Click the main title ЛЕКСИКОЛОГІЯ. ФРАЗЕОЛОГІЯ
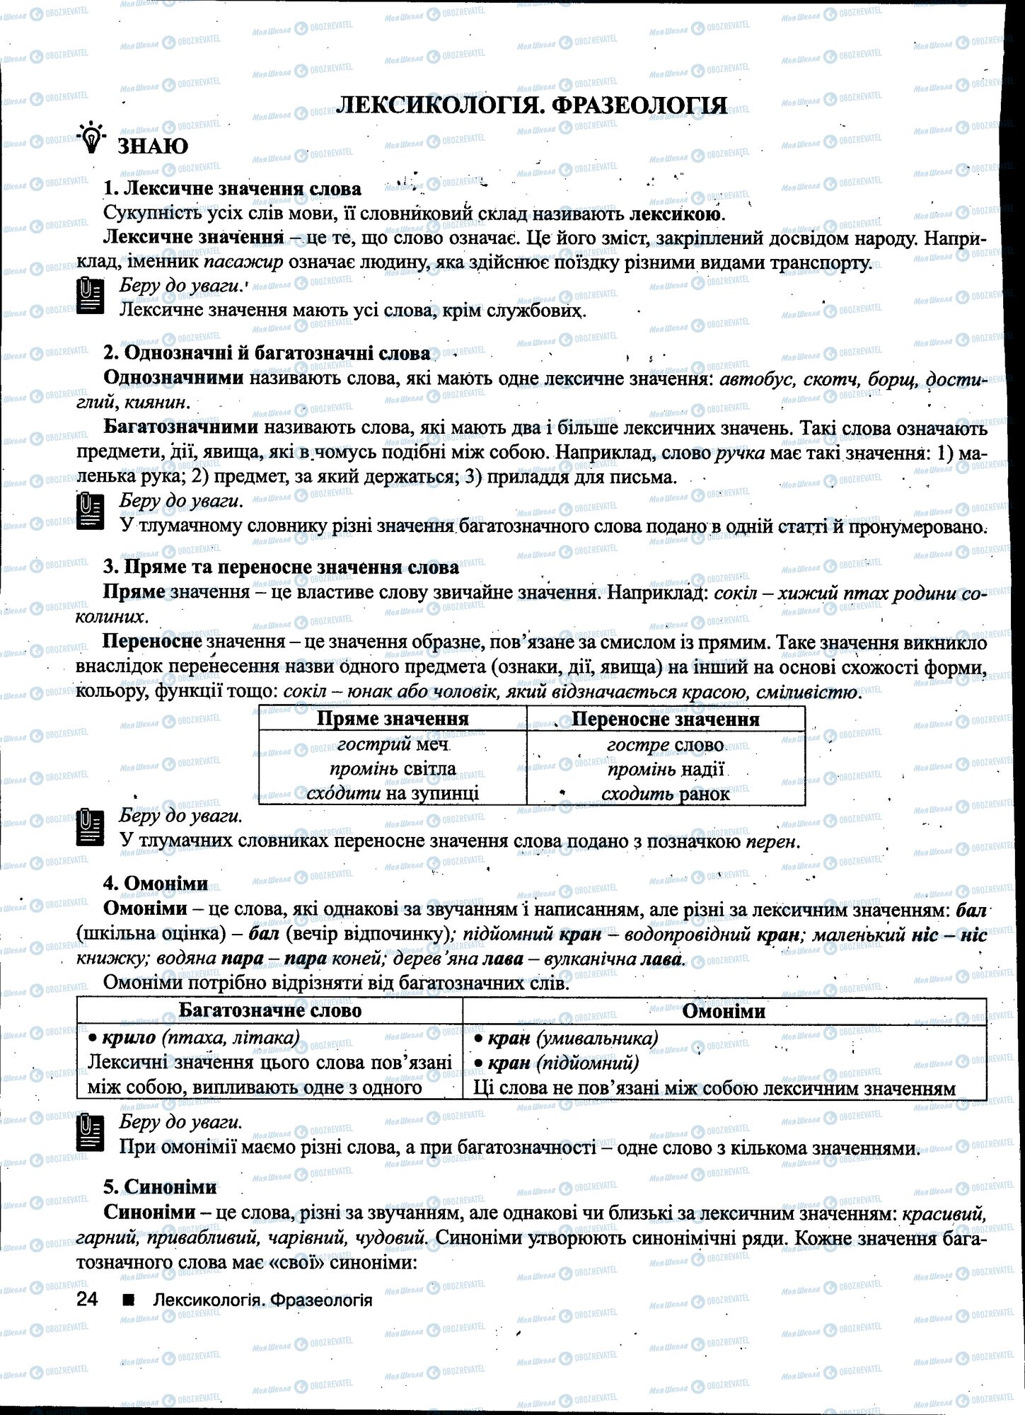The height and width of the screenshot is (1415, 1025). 531,105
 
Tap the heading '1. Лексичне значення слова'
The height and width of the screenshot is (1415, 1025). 232,189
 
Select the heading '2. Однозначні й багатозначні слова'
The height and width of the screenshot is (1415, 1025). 266,353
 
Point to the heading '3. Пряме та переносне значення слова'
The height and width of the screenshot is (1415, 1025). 281,567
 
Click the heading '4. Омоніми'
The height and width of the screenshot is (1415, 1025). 156,883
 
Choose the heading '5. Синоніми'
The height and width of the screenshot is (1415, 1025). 160,1186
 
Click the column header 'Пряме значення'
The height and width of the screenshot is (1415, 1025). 393,719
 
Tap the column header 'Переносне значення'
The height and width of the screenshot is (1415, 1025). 665,720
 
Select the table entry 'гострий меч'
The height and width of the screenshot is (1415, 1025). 393,744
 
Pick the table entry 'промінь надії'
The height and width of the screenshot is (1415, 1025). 665,769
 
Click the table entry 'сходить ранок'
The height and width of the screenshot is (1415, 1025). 665,794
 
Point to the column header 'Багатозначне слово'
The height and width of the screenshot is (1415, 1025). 270,1010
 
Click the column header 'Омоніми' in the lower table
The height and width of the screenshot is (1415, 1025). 723,1011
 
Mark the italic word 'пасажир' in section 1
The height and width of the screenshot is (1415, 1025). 243,262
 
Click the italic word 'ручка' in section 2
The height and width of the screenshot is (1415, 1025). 740,453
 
